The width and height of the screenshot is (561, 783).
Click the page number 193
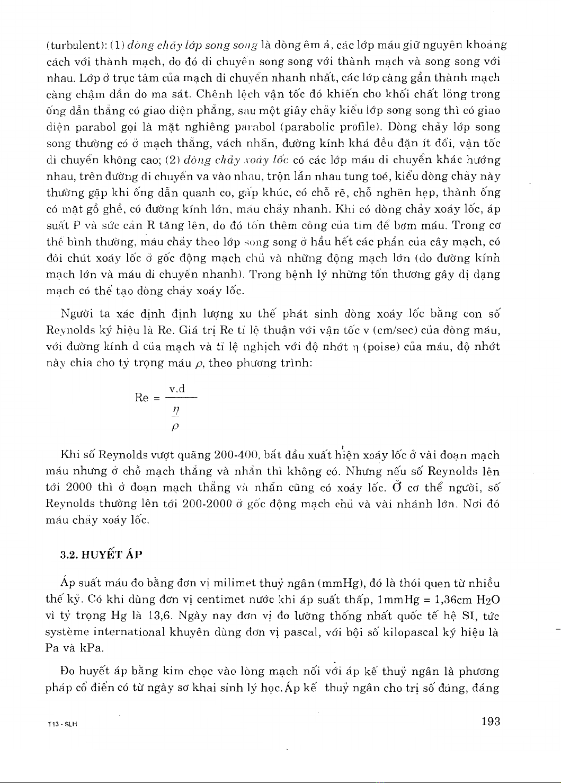[x=491, y=721]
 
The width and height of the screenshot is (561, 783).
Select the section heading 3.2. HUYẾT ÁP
[x=101, y=555]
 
